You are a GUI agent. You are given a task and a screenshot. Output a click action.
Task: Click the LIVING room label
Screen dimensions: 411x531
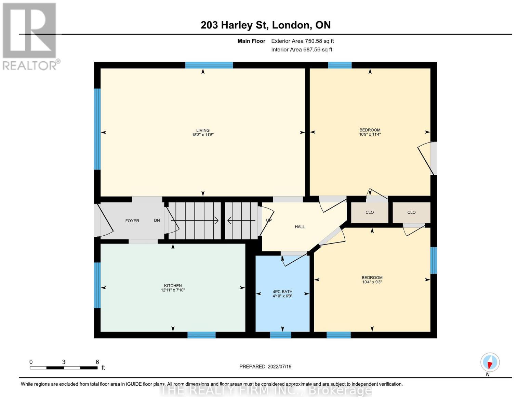(203, 130)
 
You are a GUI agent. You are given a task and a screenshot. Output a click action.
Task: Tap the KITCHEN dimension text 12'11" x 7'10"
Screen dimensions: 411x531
(173, 290)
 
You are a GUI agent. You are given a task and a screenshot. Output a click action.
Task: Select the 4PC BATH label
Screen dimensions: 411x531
(282, 292)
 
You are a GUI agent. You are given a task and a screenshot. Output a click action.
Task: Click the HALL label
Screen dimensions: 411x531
(300, 227)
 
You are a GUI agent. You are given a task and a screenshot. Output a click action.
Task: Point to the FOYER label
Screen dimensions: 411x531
(132, 221)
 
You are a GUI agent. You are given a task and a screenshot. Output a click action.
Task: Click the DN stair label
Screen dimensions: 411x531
(157, 221)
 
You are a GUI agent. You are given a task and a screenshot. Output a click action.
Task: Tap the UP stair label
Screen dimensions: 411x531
(269, 220)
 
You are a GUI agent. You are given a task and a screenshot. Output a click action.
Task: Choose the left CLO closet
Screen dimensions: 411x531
(370, 212)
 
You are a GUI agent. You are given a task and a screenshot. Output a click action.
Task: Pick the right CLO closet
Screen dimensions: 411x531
(411, 212)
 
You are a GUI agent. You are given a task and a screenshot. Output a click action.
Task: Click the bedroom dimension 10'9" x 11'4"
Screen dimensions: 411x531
(370, 135)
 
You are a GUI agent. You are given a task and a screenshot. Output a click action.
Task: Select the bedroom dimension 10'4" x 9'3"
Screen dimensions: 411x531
(372, 282)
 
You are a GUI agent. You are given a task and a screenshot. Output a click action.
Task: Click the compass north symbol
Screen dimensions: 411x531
(490, 362)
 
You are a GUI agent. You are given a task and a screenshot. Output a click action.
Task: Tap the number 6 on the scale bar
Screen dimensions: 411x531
(97, 362)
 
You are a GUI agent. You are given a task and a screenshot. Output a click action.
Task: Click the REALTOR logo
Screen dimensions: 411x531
(30, 36)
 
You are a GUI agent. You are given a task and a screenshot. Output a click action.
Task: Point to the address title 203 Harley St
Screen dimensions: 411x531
(265, 25)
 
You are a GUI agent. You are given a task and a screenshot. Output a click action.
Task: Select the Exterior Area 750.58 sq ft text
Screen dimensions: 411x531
(302, 41)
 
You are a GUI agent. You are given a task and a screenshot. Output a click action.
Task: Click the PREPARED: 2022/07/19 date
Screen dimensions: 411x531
(265, 366)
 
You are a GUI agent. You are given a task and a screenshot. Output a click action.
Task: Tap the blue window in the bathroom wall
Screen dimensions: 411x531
(280, 335)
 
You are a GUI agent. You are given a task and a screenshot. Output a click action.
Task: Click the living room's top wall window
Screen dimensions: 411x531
(209, 65)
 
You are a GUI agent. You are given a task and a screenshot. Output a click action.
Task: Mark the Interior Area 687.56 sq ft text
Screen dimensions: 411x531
(302, 50)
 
